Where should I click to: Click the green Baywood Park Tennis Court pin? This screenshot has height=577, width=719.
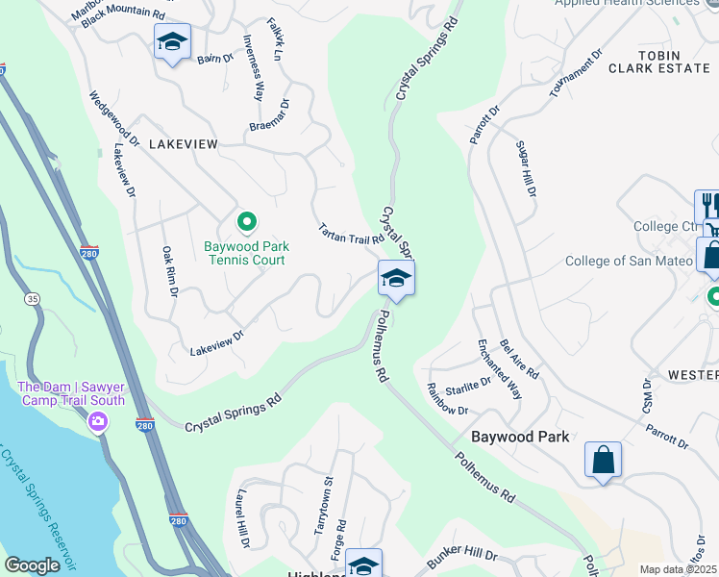coord(247,222)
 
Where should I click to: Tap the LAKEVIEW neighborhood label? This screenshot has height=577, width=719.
coord(183,143)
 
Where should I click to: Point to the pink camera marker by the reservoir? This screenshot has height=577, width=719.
coord(97,422)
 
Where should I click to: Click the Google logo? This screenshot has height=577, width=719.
coord(32,565)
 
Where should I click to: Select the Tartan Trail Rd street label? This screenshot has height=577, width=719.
coord(351,233)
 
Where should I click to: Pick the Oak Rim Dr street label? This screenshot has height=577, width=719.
coord(167,270)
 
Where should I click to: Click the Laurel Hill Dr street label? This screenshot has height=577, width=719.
coord(239,522)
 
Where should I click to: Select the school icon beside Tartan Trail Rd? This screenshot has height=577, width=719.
coord(396,280)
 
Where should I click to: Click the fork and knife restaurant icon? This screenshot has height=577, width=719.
coord(709,205)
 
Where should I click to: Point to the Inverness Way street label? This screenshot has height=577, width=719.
coord(254,68)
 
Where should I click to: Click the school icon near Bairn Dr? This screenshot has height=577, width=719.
coord(173,42)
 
